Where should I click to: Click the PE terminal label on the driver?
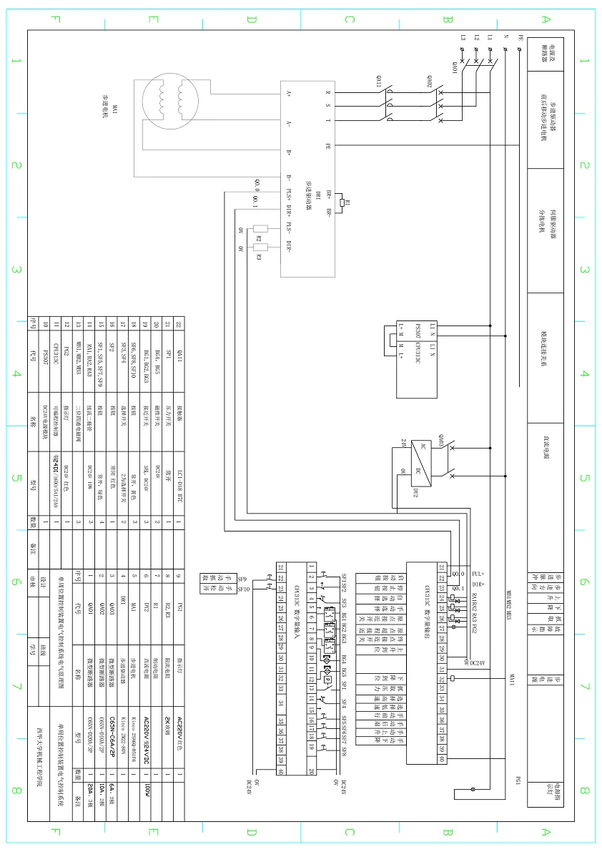tap(327, 146)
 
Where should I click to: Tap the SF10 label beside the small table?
tap(242, 589)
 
